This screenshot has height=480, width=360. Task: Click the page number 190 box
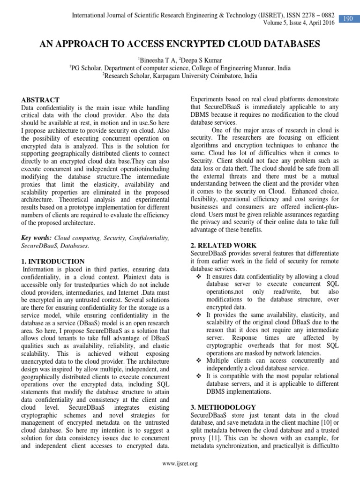(x=347, y=18)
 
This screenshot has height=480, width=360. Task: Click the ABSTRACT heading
(x=41, y=100)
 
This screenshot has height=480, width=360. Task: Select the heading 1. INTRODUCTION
(x=53, y=261)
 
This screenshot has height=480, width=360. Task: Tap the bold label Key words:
(x=37, y=238)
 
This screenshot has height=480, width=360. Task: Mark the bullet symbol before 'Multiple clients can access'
(x=199, y=361)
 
